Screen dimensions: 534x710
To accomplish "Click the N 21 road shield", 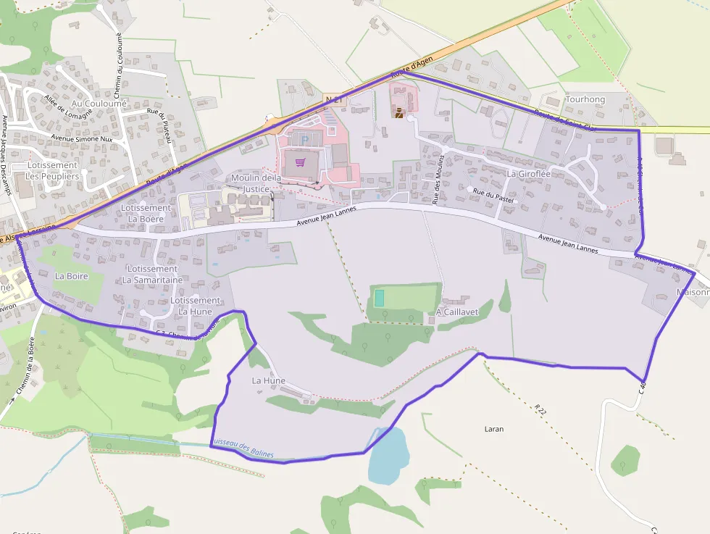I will pos(333,98).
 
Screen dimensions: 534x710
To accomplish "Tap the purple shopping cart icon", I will pos(300,162).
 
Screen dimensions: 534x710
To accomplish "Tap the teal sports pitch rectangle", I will pos(379,298).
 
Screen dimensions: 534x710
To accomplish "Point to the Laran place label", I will pos(493,429).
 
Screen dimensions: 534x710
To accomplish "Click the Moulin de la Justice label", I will pos(256,183).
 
